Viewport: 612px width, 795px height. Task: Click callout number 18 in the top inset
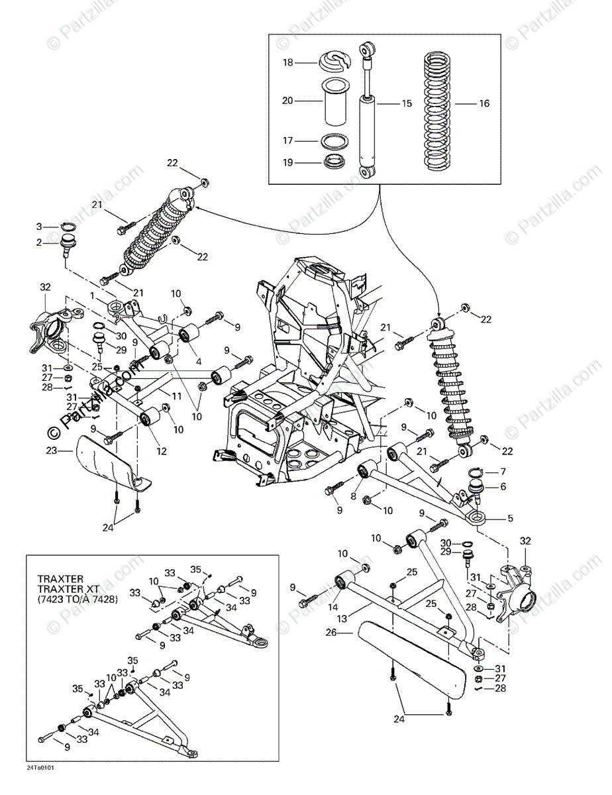tap(287, 62)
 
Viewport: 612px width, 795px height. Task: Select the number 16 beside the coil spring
tap(484, 103)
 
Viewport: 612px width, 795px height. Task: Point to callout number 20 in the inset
tap(287, 101)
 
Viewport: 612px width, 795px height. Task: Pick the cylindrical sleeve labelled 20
tap(337, 102)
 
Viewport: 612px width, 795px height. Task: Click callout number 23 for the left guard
tap(52, 450)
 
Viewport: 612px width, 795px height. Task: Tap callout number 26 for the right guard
tap(332, 633)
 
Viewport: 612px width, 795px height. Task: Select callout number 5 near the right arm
tap(510, 519)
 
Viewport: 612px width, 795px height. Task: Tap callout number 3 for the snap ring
tap(38, 227)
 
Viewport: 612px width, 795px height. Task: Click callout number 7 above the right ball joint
tap(503, 471)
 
